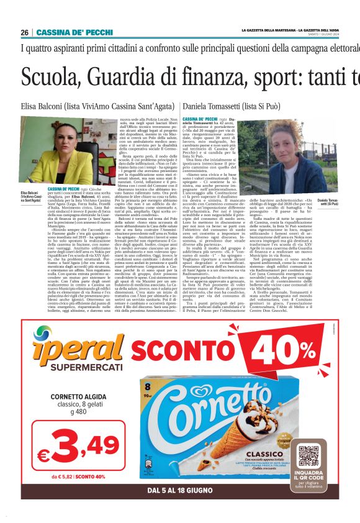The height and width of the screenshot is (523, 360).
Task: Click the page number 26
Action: click(x=25, y=32)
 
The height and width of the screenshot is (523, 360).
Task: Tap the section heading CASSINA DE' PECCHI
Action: click(x=66, y=32)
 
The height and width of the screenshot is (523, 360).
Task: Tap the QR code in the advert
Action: click(x=308, y=456)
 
